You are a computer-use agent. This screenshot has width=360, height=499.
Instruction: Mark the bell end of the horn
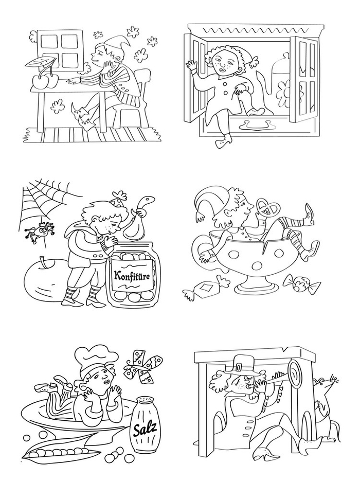(295, 375)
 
